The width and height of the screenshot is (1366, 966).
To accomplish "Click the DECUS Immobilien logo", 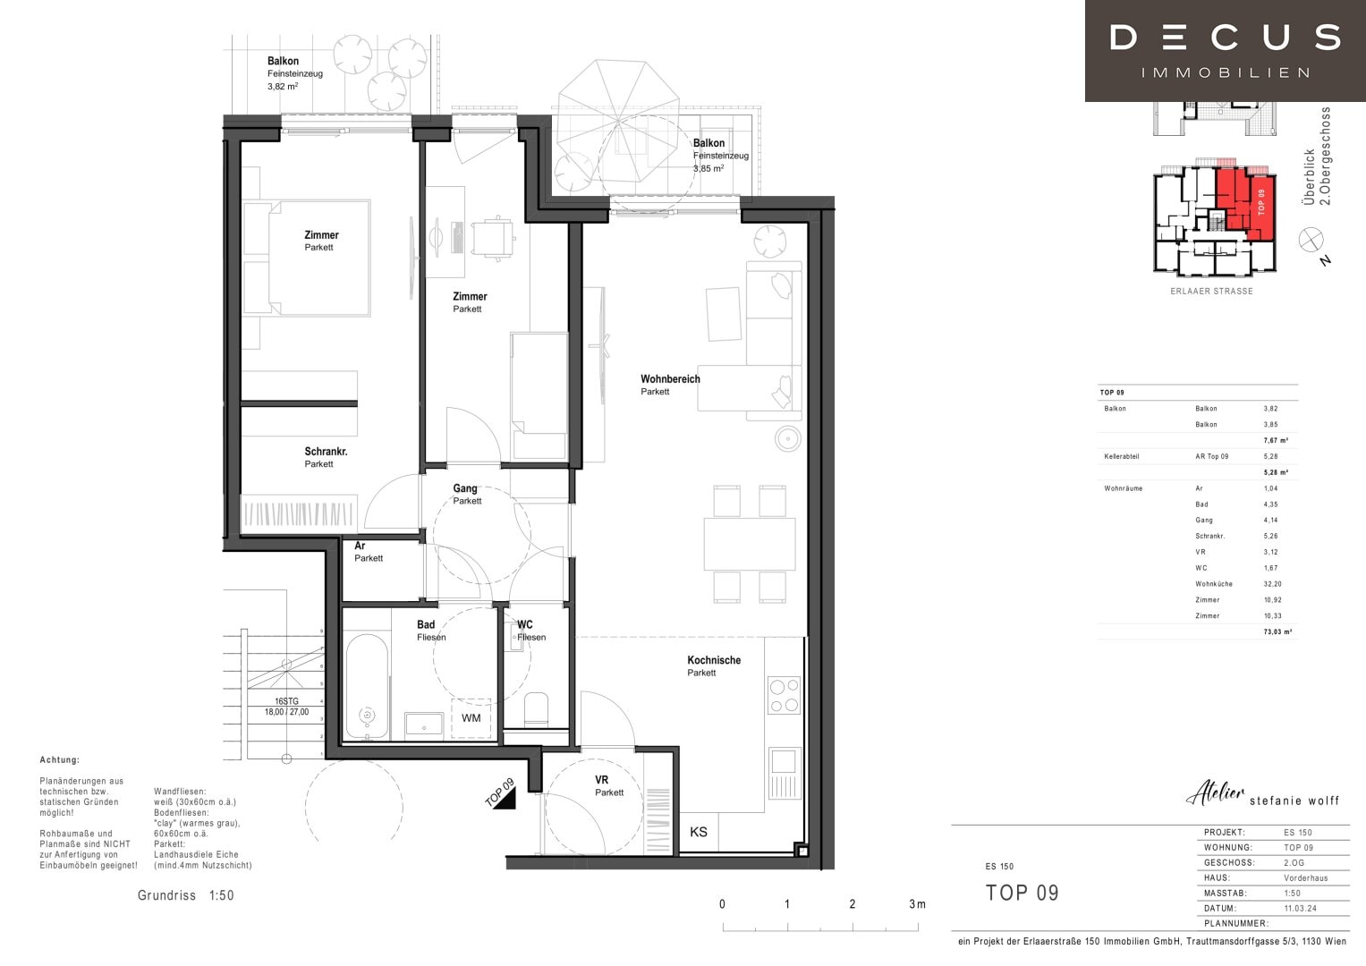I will click(1225, 50).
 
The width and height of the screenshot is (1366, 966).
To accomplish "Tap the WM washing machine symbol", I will click(471, 718).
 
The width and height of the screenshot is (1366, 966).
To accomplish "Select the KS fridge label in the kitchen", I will click(699, 832).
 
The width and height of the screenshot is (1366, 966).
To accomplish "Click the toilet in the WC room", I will click(536, 708).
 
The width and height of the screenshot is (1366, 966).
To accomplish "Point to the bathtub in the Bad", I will click(367, 687).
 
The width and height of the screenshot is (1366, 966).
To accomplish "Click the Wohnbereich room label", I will click(670, 379).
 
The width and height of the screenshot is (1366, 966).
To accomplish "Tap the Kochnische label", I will click(714, 660).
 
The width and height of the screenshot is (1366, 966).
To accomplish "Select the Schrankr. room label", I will click(326, 452).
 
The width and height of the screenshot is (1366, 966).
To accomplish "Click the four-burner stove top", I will click(784, 696).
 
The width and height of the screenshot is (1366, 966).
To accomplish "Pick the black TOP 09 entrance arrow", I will click(504, 795).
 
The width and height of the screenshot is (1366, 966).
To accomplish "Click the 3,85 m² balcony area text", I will click(708, 168).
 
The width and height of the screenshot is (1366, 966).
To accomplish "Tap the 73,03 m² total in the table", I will click(1276, 631).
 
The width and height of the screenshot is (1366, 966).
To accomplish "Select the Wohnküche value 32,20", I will click(1272, 584).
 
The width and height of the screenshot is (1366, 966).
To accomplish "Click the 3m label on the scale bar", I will click(917, 904).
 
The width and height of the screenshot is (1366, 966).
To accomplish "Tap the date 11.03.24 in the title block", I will click(1300, 908).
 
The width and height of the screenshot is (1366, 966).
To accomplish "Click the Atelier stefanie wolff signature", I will click(1262, 795).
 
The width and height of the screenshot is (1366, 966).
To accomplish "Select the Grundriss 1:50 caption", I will click(185, 895).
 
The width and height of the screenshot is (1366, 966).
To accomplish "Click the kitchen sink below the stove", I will click(783, 761).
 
